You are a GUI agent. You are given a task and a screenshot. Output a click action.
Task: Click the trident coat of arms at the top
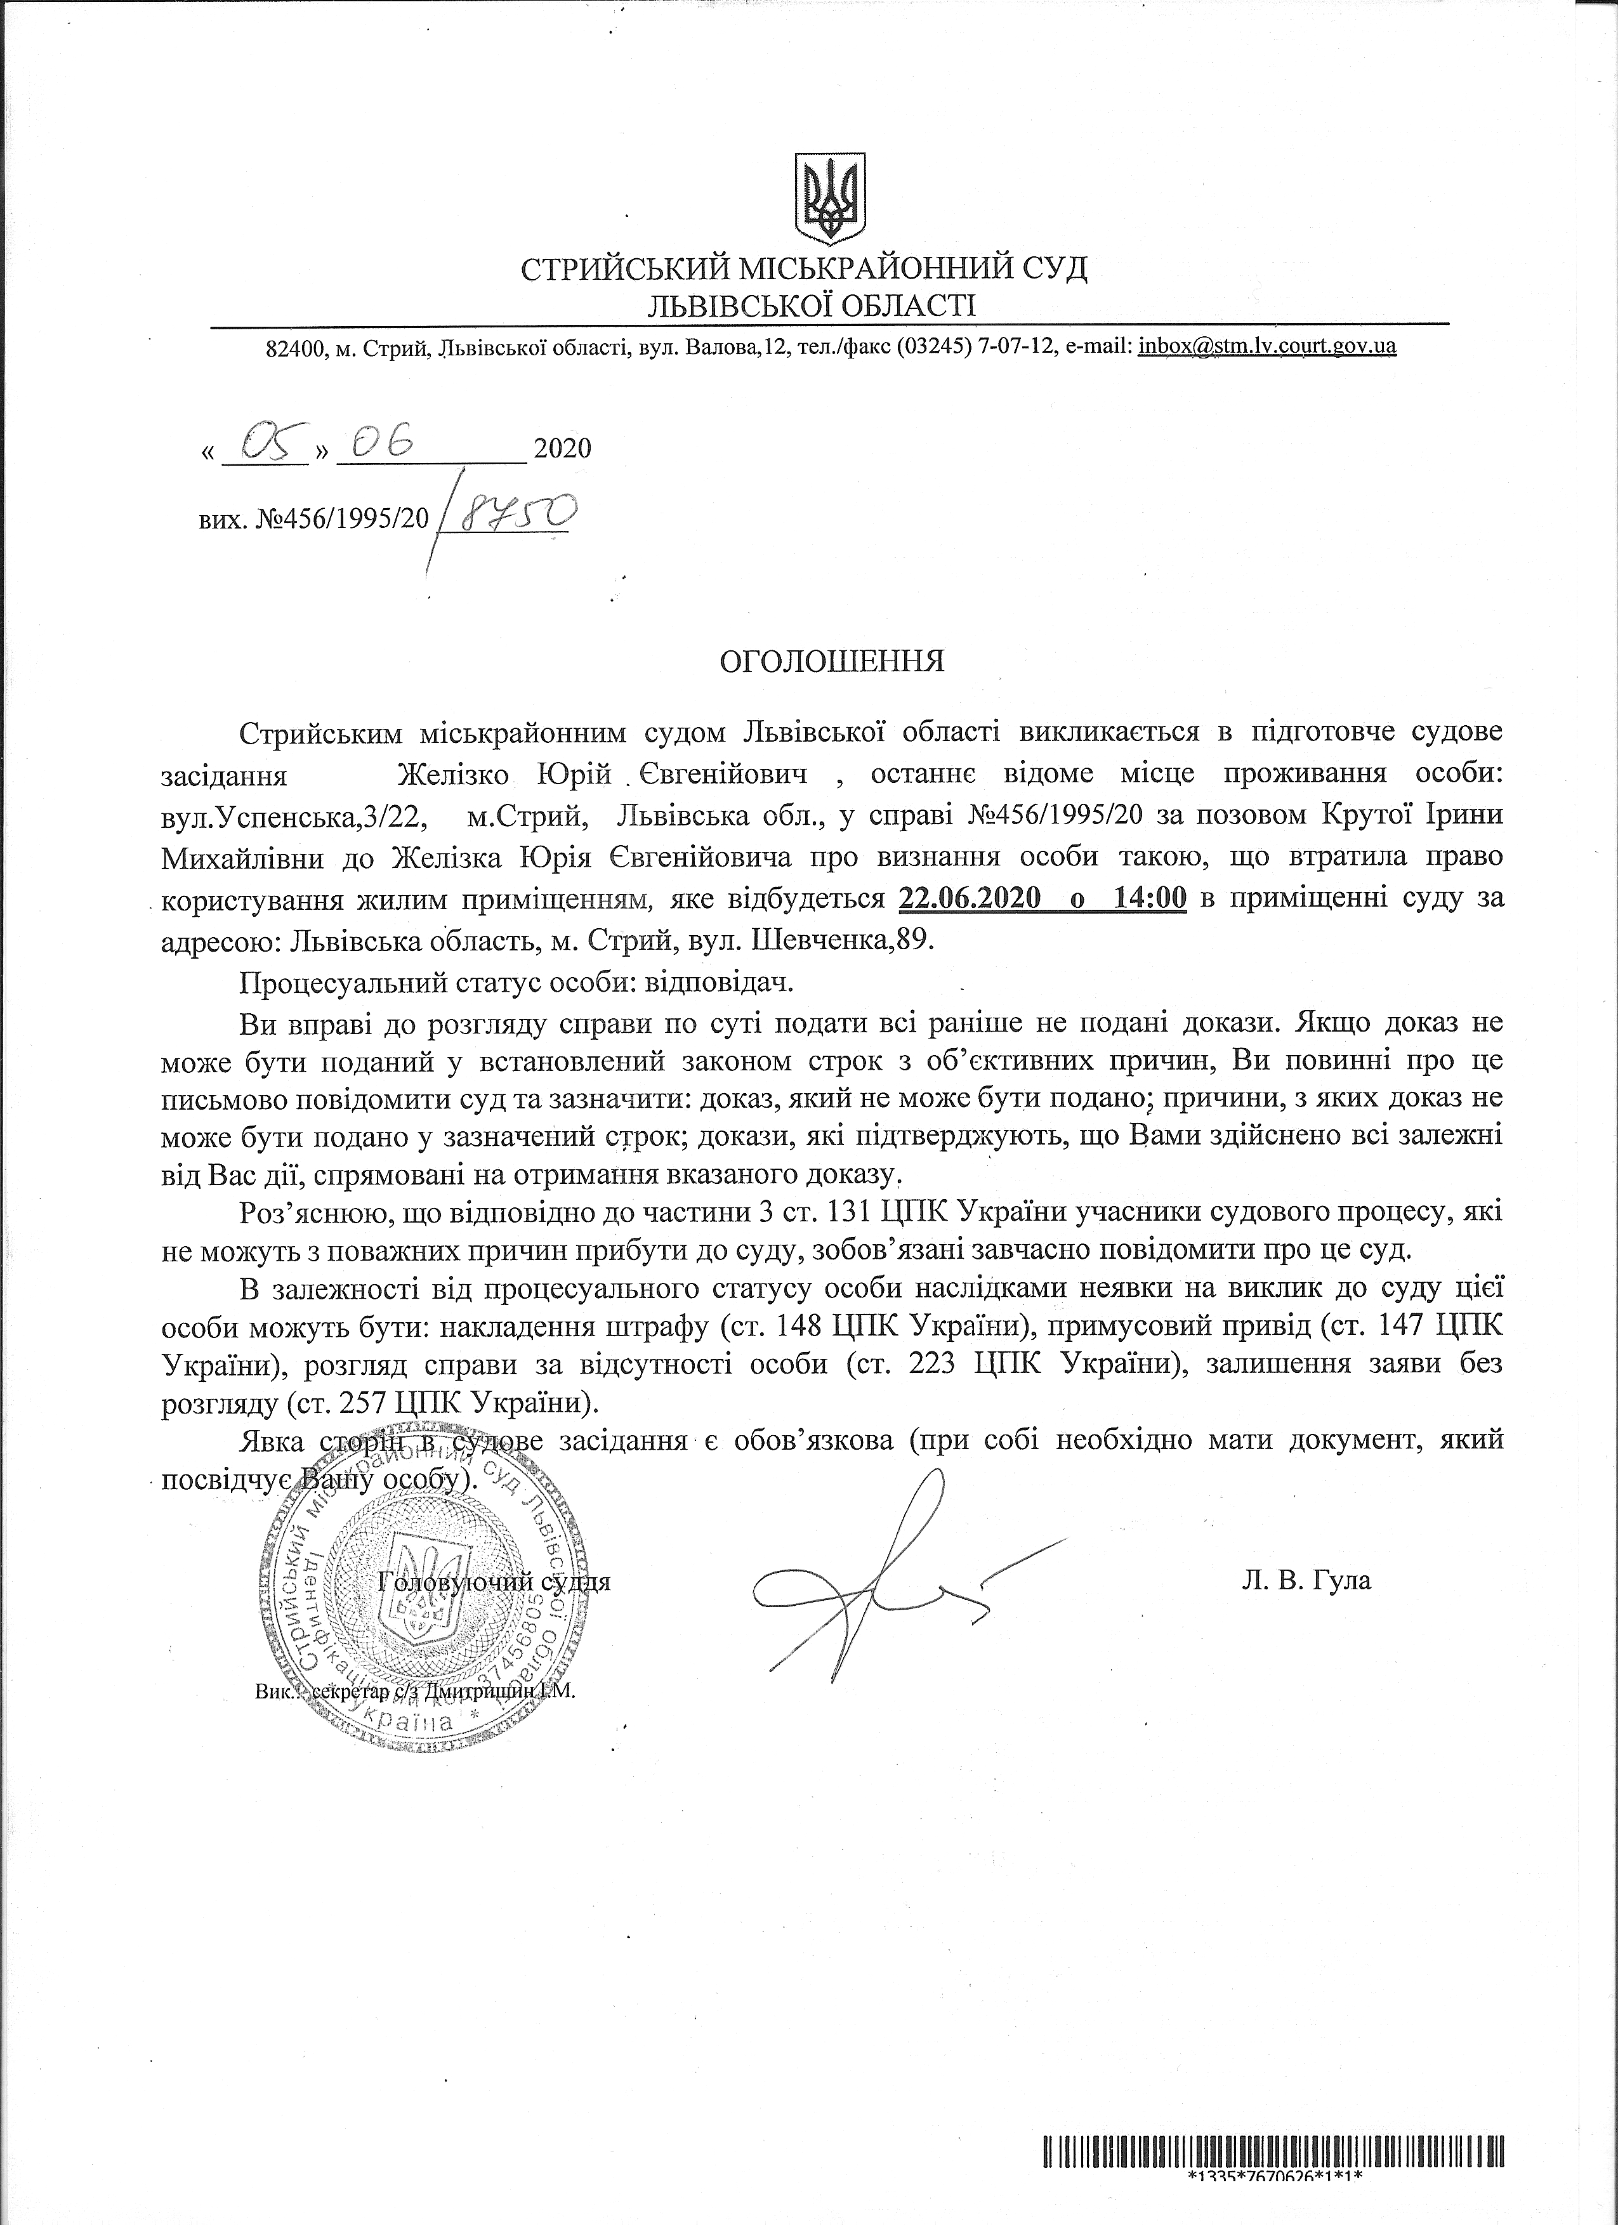[829, 197]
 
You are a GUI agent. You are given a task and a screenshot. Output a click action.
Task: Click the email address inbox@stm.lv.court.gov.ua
[1266, 346]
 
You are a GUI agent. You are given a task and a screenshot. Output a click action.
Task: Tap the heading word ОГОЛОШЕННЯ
[832, 660]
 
